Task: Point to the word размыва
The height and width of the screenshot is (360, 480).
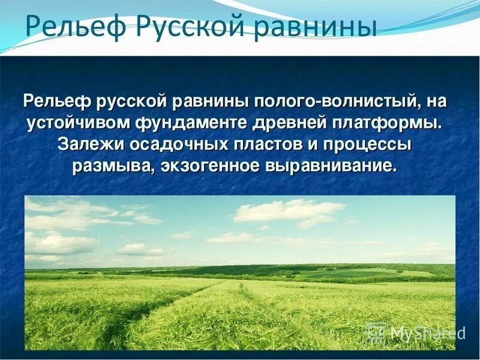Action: pyautogui.click(x=111, y=166)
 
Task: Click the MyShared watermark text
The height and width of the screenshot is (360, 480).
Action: pyautogui.click(x=427, y=332)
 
